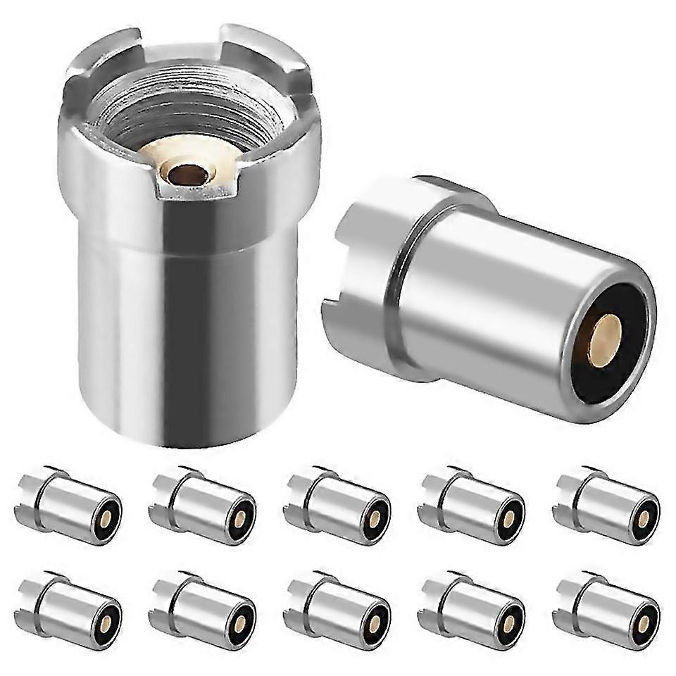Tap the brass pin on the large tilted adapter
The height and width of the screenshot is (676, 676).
604,341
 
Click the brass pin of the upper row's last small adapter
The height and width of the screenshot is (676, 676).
644,520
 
